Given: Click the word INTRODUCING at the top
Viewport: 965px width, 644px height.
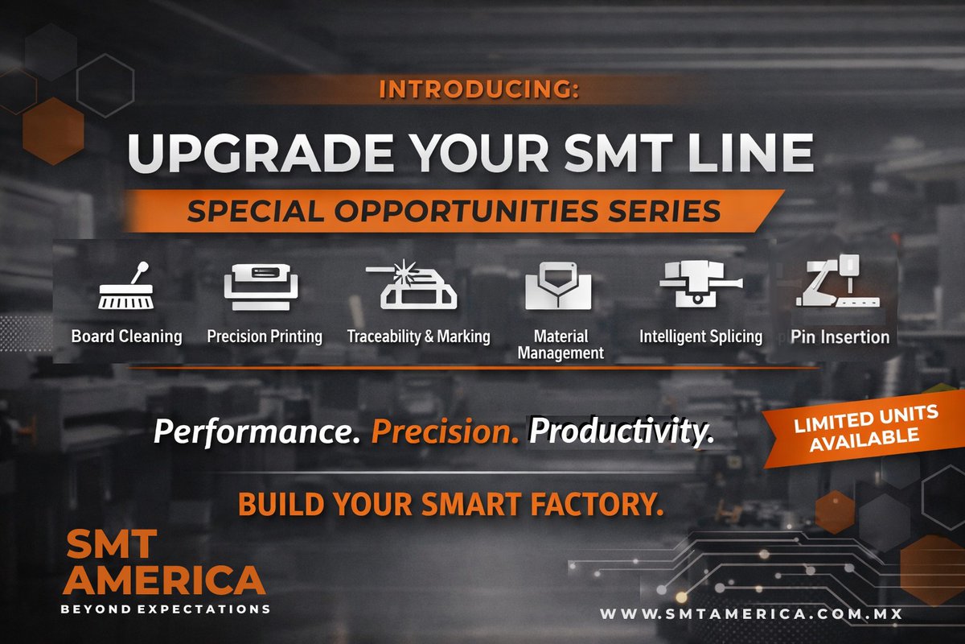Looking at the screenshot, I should coord(478,89).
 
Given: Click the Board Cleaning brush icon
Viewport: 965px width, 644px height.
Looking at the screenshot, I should coord(125,287).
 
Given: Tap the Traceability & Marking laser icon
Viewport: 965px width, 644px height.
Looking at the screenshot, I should coord(412,287).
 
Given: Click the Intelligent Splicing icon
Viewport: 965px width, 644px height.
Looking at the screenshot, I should coord(700,284).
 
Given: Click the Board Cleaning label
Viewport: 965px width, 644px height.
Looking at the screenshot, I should coord(126,336).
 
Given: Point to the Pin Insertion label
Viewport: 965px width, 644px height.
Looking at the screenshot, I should coord(840,336).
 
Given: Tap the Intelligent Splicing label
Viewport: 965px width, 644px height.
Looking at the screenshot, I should coord(700,336).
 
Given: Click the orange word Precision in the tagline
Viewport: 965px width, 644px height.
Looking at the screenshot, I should coord(445,433).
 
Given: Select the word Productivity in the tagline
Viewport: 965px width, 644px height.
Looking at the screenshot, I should coord(621,433).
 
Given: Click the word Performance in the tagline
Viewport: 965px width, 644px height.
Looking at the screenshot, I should coord(256,433).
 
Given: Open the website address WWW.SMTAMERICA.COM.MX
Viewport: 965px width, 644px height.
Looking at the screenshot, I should coord(750,614).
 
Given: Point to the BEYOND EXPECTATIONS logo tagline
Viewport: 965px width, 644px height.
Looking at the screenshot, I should coord(166,609).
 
